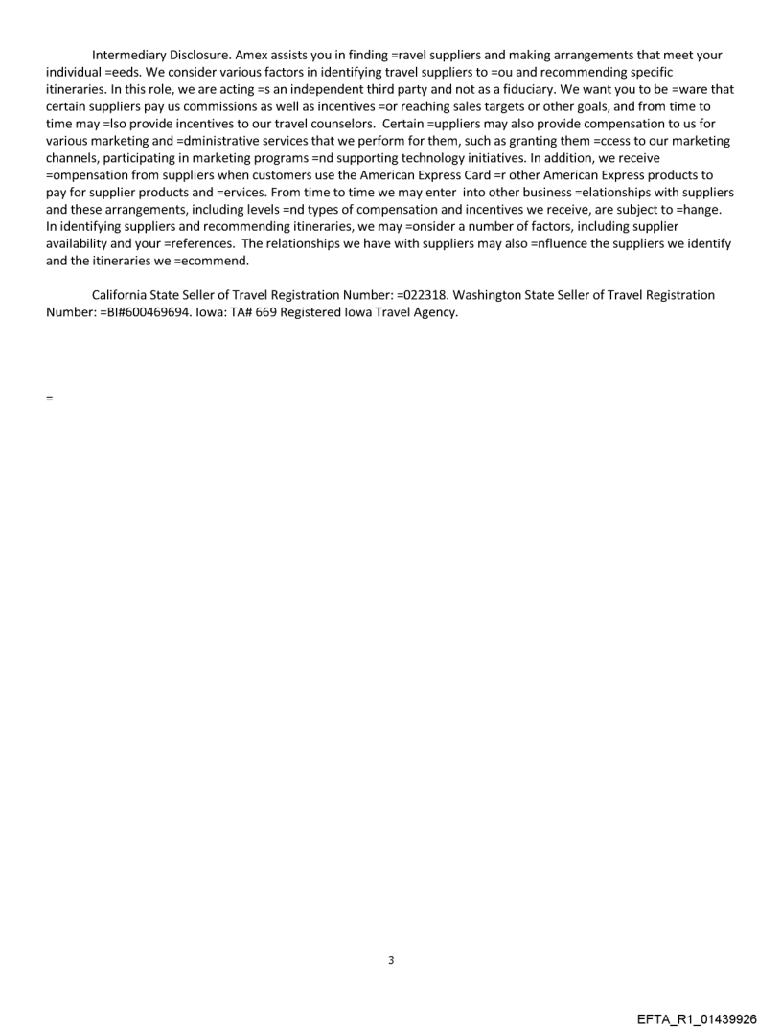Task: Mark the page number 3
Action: pyautogui.click(x=390, y=960)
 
